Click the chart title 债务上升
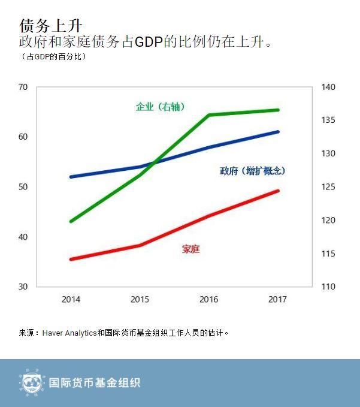tap(51, 26)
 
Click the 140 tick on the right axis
tap(329, 87)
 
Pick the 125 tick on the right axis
tap(329, 187)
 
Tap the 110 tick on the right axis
tap(329, 287)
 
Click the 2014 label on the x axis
tap(71, 299)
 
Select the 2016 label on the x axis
tap(208, 299)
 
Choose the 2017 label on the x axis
tap(277, 299)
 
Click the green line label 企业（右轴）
tap(160, 107)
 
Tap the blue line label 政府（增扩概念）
tap(252, 171)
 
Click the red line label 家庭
tap(190, 249)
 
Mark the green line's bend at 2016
tap(209, 114)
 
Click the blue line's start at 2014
tap(71, 177)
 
